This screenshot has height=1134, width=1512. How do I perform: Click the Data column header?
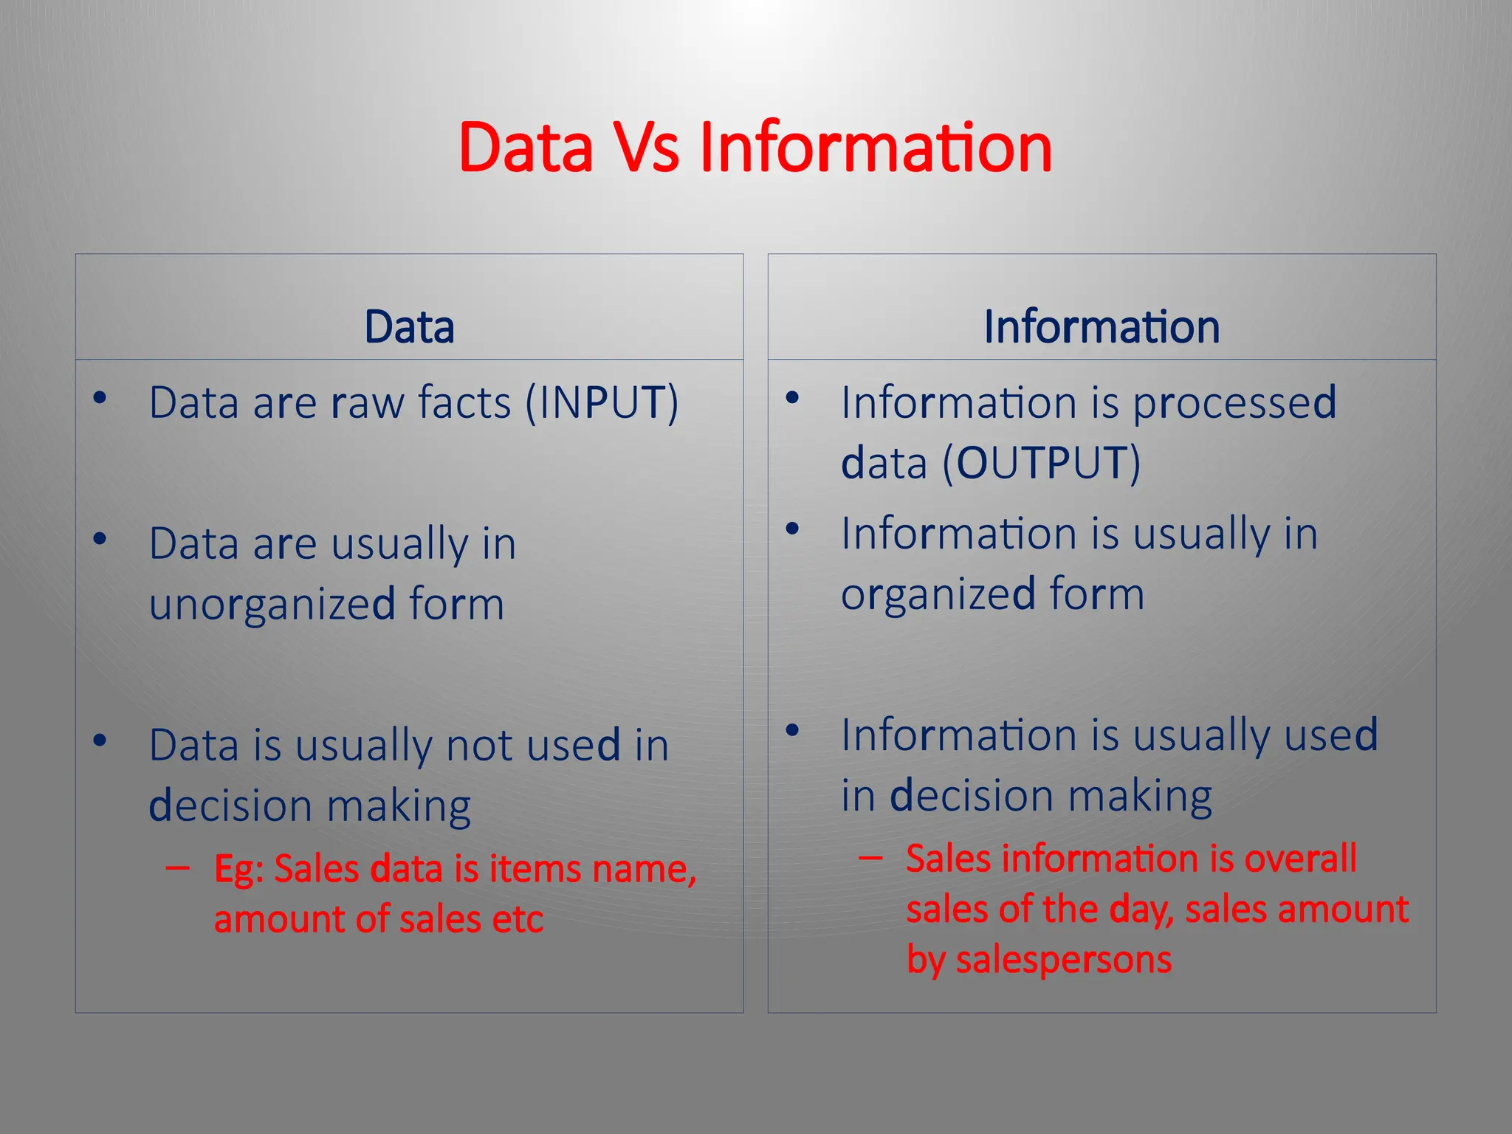coord(409,327)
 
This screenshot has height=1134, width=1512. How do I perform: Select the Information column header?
coord(1102,327)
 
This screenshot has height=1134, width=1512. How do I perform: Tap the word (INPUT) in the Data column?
coord(602,403)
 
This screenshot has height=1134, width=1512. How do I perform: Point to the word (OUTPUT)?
coord(1041,464)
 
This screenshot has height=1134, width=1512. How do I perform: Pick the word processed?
coord(1234,403)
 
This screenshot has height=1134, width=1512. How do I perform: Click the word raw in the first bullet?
coord(367,403)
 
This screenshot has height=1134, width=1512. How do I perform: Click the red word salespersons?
coord(1064,960)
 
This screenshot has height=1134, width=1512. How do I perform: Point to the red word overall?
coord(1300,859)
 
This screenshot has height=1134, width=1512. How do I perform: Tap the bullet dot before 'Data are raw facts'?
coord(100,399)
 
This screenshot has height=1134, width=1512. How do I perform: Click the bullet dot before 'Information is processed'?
coord(793,399)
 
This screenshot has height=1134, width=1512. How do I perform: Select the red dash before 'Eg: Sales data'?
coord(177,868)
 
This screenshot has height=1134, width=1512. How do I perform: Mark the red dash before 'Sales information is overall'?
coord(870,858)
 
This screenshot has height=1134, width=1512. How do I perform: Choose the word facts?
coord(464,403)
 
